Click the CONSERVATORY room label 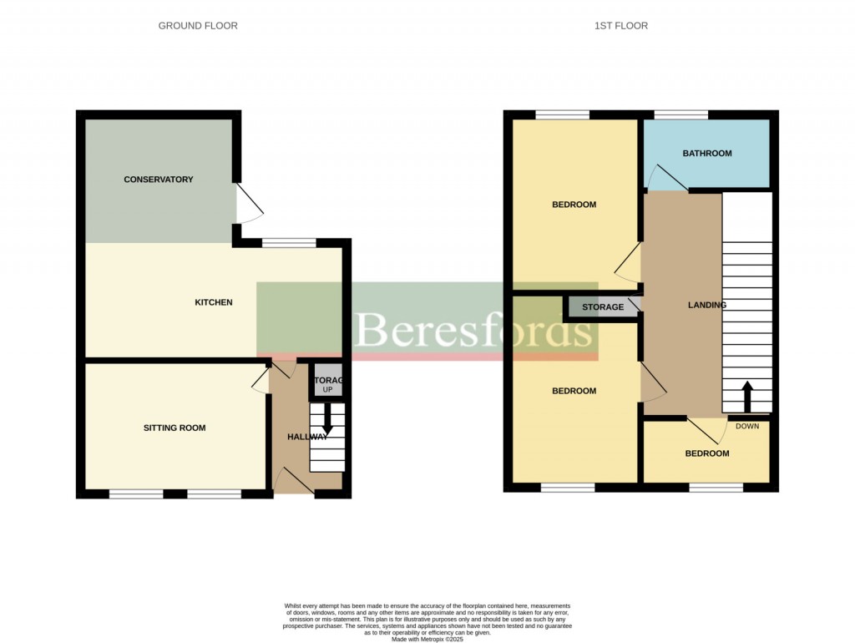tap(158, 180)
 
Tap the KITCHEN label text tap(214, 302)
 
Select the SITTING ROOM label tap(174, 428)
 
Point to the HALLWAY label tap(306, 437)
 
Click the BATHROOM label tap(706, 154)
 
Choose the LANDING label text tap(706, 305)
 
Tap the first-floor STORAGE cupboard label tap(602, 307)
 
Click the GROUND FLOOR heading tap(198, 26)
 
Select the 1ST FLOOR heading tap(620, 26)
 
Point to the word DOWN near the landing tap(747, 427)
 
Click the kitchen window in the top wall tap(289, 243)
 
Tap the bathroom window tap(680, 115)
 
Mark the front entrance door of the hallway tap(294, 483)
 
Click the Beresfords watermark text tap(473, 332)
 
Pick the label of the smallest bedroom tap(706, 454)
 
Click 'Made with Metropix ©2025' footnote tap(427, 639)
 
